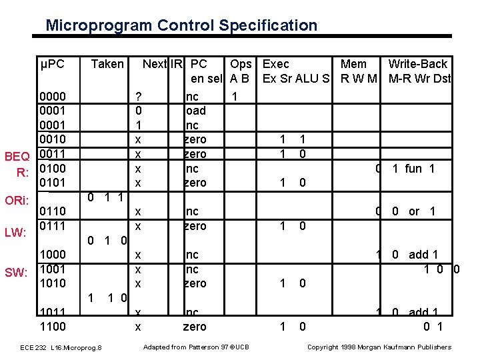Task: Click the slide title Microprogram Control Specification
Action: pos(181,26)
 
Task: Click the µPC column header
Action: pos(53,64)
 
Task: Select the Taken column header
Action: pos(107,64)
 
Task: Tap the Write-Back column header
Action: pos(418,64)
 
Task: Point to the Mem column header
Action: pos(353,64)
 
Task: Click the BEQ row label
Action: pos(17,157)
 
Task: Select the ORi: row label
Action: pos(17,200)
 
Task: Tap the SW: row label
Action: pos(16,272)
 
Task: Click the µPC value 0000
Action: pos(53,97)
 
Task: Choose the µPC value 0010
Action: pos(53,139)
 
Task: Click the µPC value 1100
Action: pos(53,327)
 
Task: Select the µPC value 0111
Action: pos(53,226)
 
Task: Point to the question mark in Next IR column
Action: pos(138,97)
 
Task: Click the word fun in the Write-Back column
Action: pos(413,169)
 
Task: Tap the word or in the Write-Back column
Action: pos(414,211)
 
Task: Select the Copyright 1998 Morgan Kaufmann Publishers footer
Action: pos(379,347)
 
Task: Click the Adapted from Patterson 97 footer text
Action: pos(196,347)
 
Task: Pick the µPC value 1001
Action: pos(53,269)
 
